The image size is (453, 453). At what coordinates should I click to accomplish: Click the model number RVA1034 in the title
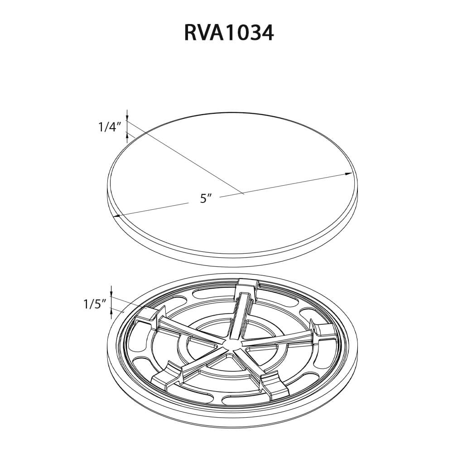click(229, 33)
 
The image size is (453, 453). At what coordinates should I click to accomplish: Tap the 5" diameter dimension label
click(206, 198)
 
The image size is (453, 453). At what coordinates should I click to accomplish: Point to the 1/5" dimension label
click(94, 304)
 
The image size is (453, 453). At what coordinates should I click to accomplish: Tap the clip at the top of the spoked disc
click(247, 287)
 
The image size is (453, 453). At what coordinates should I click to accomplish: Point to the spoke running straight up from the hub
click(240, 317)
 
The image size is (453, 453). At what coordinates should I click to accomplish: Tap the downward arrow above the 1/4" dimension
click(127, 117)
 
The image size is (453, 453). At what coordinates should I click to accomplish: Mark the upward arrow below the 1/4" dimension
click(127, 134)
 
